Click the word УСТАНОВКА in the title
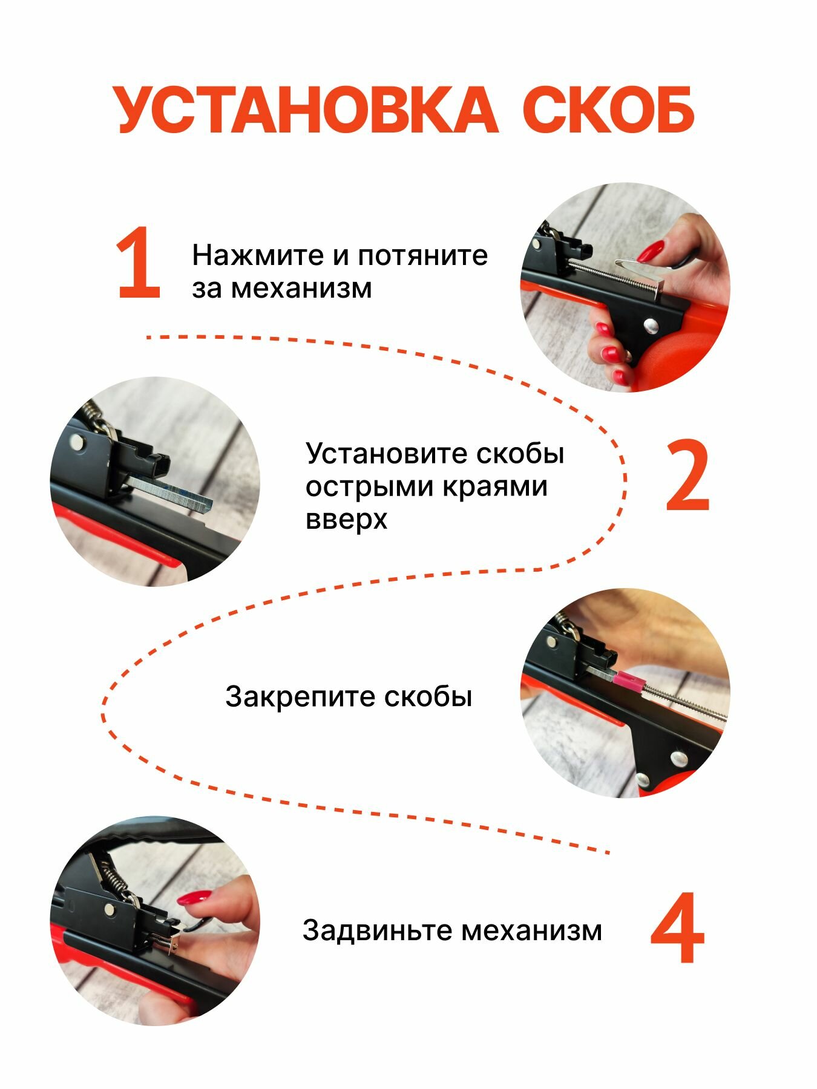pos(307,110)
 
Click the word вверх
pos(346,520)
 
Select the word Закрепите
pos(301,697)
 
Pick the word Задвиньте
pos(378,930)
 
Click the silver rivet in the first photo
pos(649,326)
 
